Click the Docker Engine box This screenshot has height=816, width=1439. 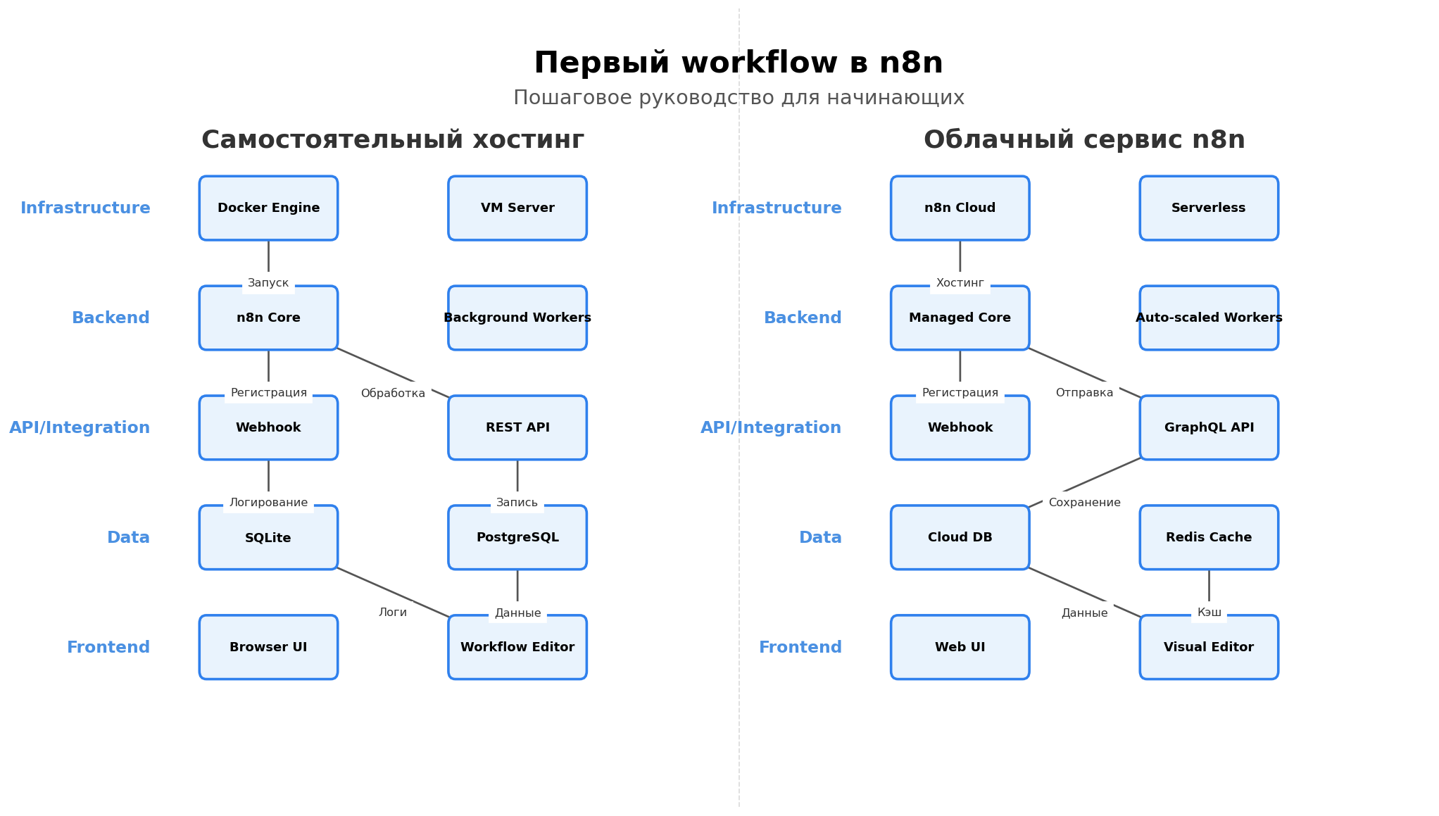point(268,208)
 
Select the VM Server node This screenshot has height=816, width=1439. point(517,208)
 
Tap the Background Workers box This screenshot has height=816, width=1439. point(517,318)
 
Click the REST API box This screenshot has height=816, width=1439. point(517,428)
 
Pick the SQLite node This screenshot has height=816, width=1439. point(268,538)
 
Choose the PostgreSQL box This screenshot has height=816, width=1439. point(517,538)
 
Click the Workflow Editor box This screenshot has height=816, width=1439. point(517,648)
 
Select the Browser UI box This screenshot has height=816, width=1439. point(268,648)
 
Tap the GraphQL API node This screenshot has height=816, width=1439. point(1209,428)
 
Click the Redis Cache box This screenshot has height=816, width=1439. point(1209,538)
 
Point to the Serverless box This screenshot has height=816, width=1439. point(1209,208)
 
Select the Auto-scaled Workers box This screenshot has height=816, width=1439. point(1209,318)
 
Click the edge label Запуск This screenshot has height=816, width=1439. point(268,283)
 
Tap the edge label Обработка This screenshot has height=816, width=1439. point(393,394)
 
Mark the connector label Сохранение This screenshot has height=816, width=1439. point(1084,503)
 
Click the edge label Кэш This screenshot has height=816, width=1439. point(1209,613)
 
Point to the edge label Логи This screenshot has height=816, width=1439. point(393,613)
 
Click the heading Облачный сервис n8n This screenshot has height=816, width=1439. point(1084,140)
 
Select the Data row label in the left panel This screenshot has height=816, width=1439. point(128,538)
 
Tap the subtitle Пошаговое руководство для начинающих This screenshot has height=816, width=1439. point(739,98)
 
